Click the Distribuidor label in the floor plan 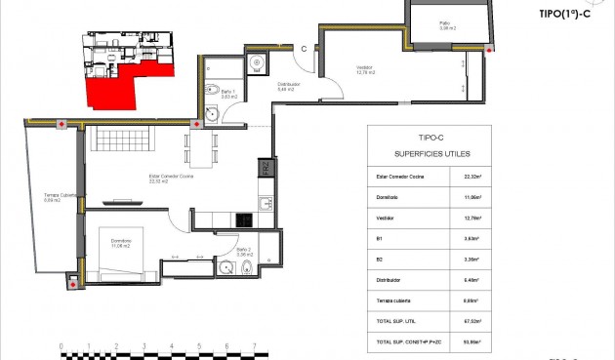click(289, 87)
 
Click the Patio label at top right click(444, 24)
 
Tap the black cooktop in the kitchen click(264, 204)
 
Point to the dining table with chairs click(200, 149)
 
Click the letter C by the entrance click(305, 48)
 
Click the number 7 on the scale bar click(255, 345)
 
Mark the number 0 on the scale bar click(61, 345)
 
